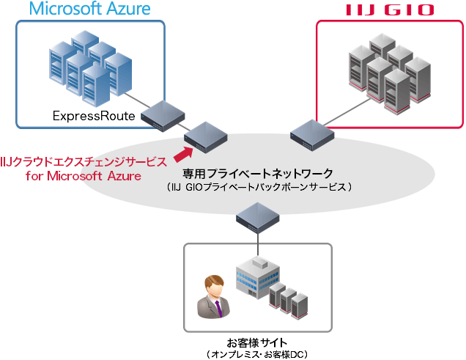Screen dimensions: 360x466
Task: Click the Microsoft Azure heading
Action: click(x=89, y=10)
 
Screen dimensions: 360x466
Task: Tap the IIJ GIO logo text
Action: click(x=389, y=10)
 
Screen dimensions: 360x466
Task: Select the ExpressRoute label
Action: click(x=94, y=116)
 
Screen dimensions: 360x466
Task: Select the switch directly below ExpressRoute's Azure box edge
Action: click(x=163, y=114)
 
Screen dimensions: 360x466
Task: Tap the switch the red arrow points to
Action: click(x=205, y=134)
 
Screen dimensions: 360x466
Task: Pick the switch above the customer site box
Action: click(x=258, y=214)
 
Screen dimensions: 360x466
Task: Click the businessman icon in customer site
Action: click(x=212, y=297)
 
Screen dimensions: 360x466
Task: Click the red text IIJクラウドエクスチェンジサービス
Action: click(x=84, y=161)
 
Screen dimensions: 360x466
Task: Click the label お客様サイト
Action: click(x=257, y=342)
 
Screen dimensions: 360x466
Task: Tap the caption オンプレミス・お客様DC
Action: click(x=257, y=354)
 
